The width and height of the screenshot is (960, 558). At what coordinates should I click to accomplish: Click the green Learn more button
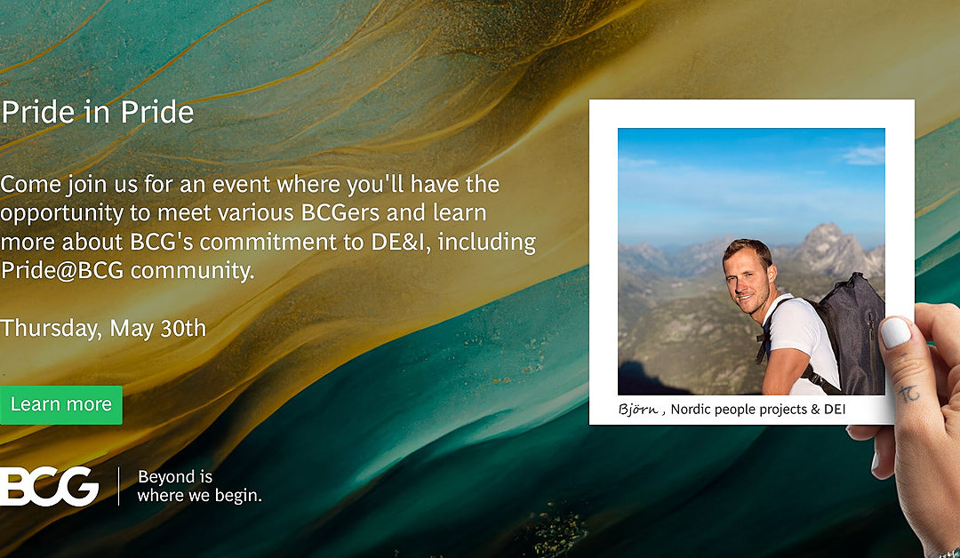(x=60, y=404)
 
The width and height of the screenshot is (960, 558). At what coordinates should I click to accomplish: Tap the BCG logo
(x=49, y=486)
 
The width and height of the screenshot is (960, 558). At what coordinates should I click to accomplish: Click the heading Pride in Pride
(x=98, y=112)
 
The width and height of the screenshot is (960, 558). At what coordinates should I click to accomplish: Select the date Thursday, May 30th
(x=103, y=329)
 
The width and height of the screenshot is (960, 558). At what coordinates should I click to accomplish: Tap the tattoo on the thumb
(x=908, y=392)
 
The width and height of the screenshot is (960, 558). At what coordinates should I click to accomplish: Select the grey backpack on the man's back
(x=848, y=333)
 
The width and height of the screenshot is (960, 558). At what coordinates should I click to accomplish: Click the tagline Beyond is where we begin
(x=200, y=486)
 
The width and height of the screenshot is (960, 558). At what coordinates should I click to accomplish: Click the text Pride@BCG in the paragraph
(x=62, y=270)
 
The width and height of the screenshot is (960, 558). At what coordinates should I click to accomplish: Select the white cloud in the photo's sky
(x=863, y=155)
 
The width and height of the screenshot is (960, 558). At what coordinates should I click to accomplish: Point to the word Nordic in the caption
(x=691, y=410)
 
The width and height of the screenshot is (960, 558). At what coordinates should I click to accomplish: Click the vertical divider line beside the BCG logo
(x=118, y=486)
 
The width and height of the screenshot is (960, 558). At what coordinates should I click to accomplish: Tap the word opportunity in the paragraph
(x=61, y=214)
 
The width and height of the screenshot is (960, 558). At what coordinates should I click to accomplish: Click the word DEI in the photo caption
(x=835, y=410)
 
